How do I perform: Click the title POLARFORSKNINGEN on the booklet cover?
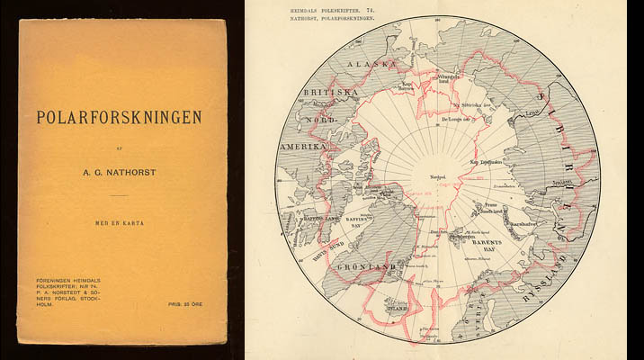(118, 117)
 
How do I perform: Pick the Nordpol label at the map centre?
(439, 176)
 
